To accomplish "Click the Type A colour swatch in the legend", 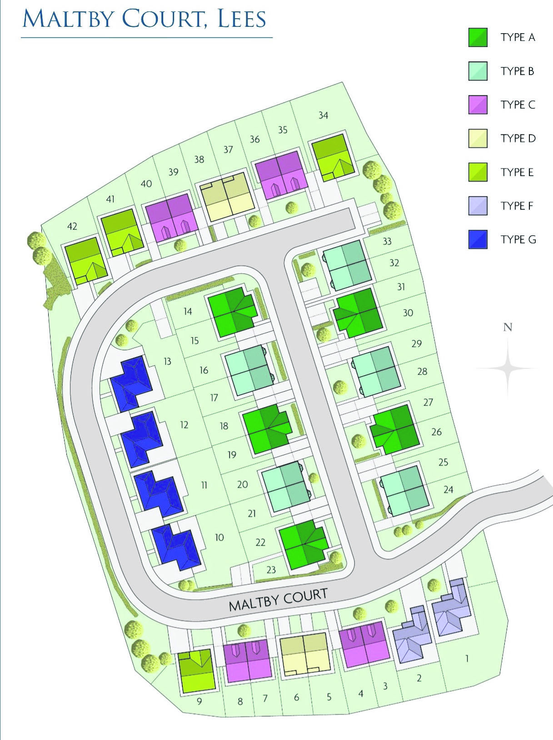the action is click(478, 37).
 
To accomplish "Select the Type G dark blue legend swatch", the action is click(478, 239).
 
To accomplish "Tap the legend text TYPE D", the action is click(518, 139).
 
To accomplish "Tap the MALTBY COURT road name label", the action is click(278, 599).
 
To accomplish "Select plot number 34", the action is click(323, 115).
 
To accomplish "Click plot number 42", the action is click(72, 226).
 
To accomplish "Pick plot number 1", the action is click(467, 658).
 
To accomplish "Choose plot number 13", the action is click(167, 362).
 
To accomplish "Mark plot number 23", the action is click(271, 570).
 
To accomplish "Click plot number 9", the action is click(199, 701).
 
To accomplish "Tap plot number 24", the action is click(448, 489).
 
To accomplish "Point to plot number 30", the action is click(408, 313).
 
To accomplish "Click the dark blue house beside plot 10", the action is click(175, 547).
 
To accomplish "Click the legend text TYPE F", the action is click(517, 206).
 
